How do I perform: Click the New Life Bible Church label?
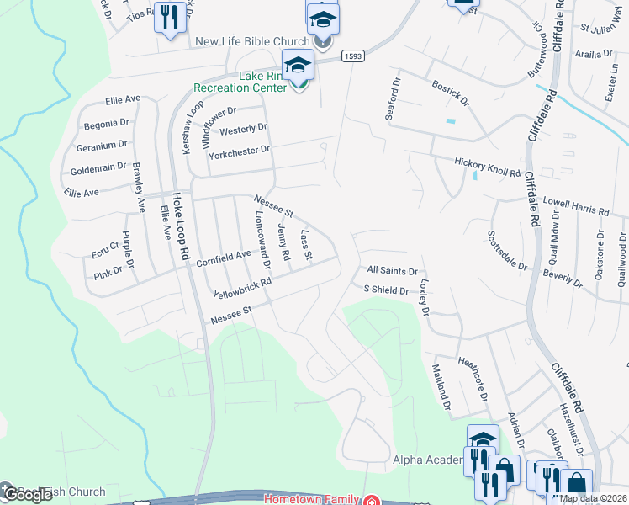pyautogui.click(x=251, y=41)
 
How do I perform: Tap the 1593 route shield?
pyautogui.click(x=352, y=56)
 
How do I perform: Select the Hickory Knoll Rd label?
pyautogui.click(x=487, y=167)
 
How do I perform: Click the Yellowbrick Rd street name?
pyautogui.click(x=243, y=288)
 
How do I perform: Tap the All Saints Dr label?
pyautogui.click(x=392, y=271)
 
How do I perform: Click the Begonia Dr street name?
pyautogui.click(x=106, y=124)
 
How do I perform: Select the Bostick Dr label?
pyautogui.click(x=448, y=91)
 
